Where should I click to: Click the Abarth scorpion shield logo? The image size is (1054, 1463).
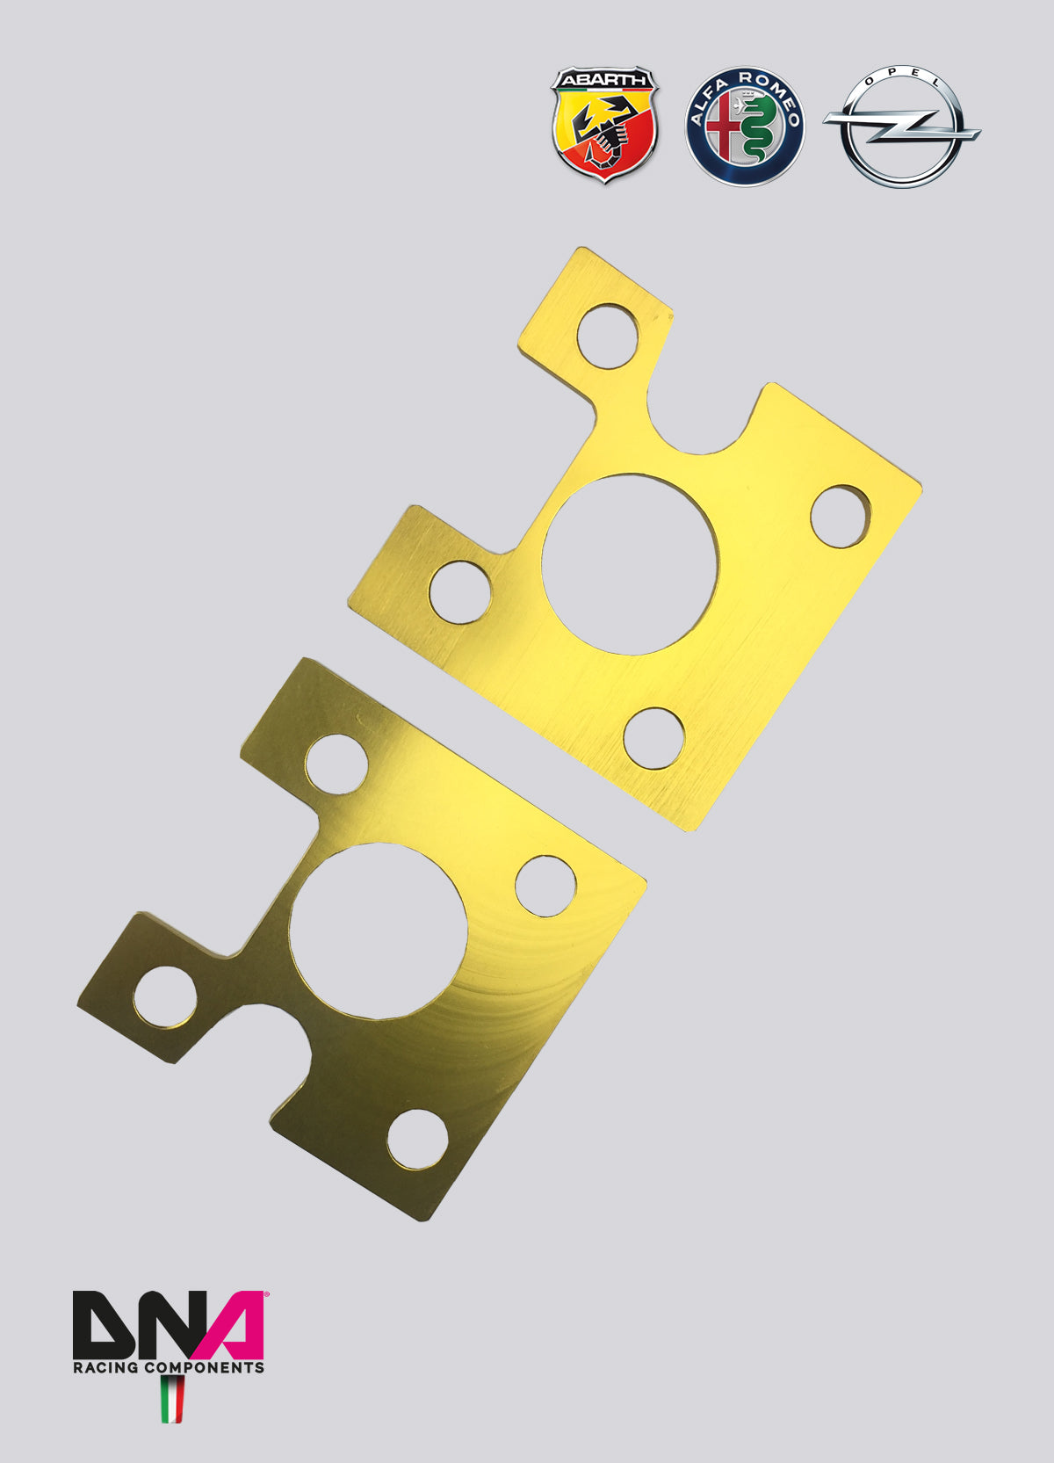(x=604, y=125)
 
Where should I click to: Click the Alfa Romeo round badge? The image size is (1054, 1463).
(x=745, y=127)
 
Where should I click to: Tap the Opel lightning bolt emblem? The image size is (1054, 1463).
(x=901, y=127)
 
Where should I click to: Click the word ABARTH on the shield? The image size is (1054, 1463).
(x=604, y=80)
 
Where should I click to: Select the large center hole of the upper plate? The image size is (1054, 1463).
(x=630, y=565)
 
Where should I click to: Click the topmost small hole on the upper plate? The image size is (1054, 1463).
(x=608, y=336)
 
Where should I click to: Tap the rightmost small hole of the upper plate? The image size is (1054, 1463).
(x=840, y=516)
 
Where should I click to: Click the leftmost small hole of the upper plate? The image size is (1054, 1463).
(x=460, y=591)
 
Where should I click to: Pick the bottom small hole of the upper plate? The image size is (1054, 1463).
(x=653, y=738)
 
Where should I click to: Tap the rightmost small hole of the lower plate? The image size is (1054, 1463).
(x=545, y=884)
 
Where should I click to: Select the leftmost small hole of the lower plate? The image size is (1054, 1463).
(x=165, y=996)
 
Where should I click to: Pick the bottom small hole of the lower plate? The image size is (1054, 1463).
(x=417, y=1140)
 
